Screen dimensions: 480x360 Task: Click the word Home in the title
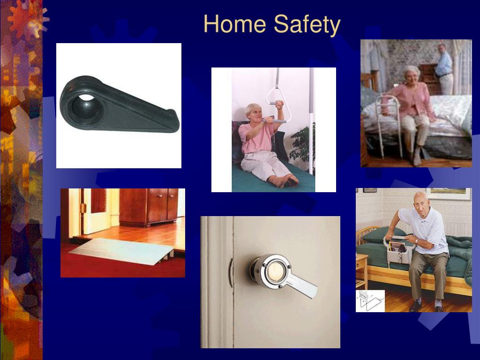click(x=234, y=24)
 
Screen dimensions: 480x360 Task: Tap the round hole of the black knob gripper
click(x=85, y=108)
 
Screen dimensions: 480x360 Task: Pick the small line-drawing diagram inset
click(x=370, y=301)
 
